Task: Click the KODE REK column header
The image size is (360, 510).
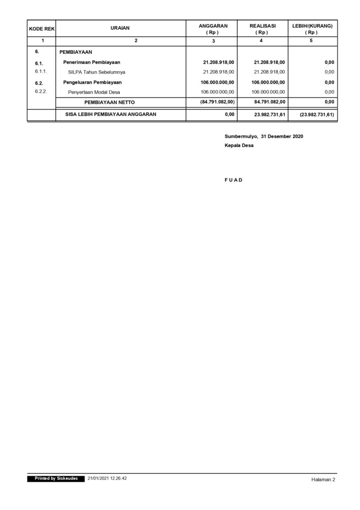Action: tap(41, 29)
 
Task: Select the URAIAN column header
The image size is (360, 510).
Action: tap(120, 29)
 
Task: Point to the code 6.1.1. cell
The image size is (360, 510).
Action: tap(41, 72)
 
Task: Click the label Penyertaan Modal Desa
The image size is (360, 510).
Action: tap(94, 92)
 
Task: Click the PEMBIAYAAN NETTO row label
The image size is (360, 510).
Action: tap(109, 102)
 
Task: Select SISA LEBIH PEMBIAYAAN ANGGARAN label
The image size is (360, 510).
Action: tap(111, 114)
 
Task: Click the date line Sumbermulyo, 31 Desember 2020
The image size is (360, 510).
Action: tap(264, 136)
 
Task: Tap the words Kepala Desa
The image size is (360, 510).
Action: tap(239, 146)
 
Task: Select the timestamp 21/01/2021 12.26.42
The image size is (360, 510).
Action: tap(107, 479)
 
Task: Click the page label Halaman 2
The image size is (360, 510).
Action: tap(323, 480)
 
